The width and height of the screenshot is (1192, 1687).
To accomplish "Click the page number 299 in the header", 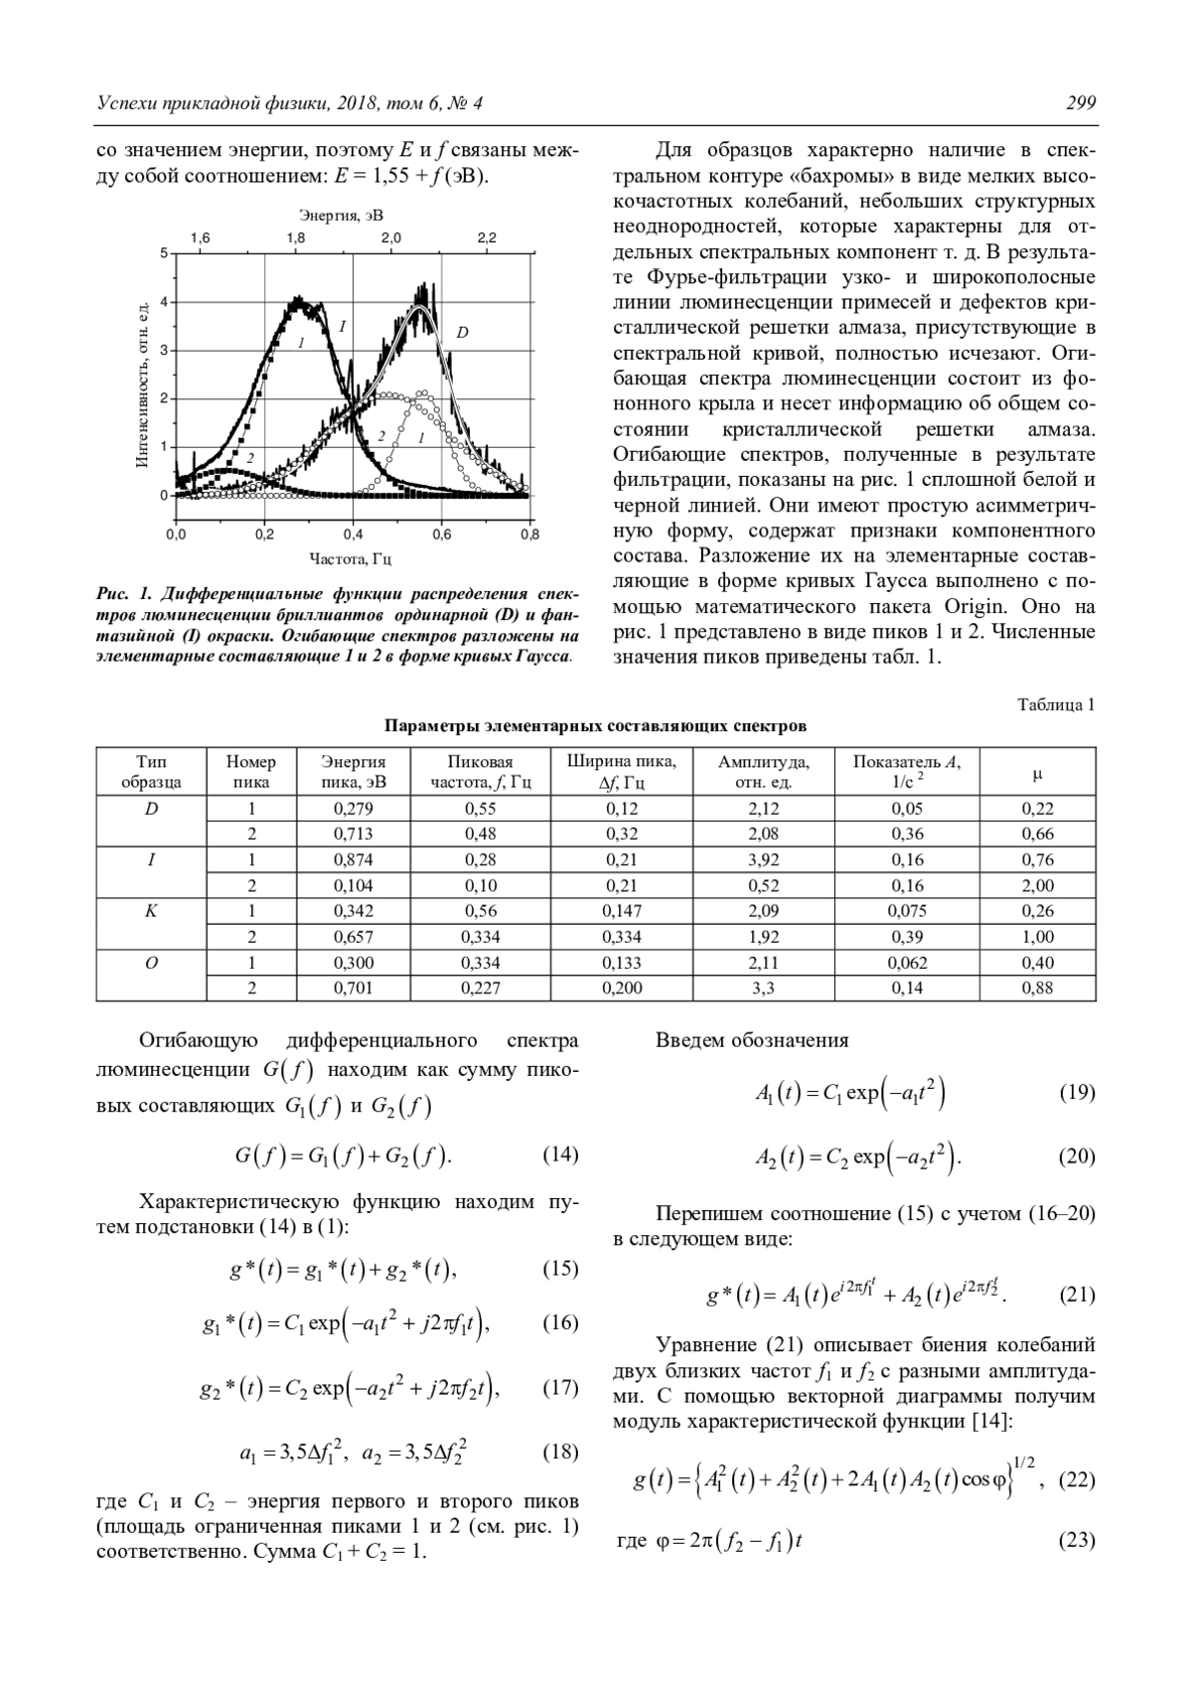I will [1080, 103].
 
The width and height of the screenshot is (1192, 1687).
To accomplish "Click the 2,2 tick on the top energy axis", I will [486, 238].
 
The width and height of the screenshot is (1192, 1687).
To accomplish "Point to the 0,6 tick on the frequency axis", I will [441, 535].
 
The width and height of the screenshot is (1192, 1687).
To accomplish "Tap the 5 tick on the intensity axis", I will [165, 253].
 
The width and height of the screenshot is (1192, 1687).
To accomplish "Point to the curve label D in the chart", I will [462, 333].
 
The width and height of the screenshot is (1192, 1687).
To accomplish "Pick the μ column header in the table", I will [1037, 772].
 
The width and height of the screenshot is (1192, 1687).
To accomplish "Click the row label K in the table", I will [151, 911].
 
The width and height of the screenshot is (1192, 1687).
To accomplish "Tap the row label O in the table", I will [151, 963].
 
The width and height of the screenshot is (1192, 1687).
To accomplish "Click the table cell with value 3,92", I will [763, 860].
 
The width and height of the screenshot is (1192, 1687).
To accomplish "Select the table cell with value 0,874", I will [353, 860].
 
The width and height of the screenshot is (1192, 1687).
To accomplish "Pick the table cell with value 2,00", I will [1038, 886].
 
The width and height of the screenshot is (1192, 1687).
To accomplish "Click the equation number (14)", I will [560, 1154].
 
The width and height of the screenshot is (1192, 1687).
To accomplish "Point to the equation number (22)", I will [1077, 1479].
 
